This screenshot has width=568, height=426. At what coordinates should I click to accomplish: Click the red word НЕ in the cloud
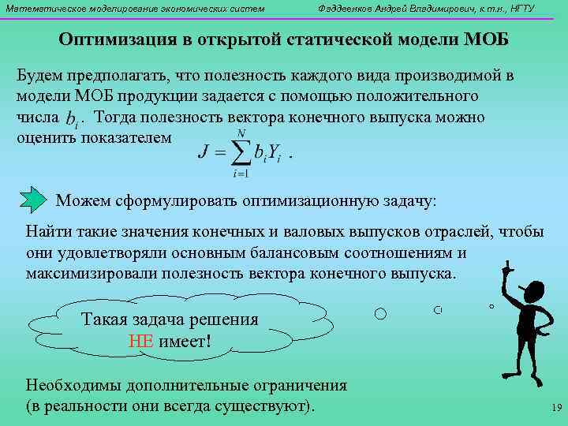click(142, 341)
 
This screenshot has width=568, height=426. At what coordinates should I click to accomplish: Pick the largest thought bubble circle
click(380, 314)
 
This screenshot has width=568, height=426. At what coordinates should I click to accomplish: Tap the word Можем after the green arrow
click(85, 200)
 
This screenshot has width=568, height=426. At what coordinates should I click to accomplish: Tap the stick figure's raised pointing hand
click(509, 263)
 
